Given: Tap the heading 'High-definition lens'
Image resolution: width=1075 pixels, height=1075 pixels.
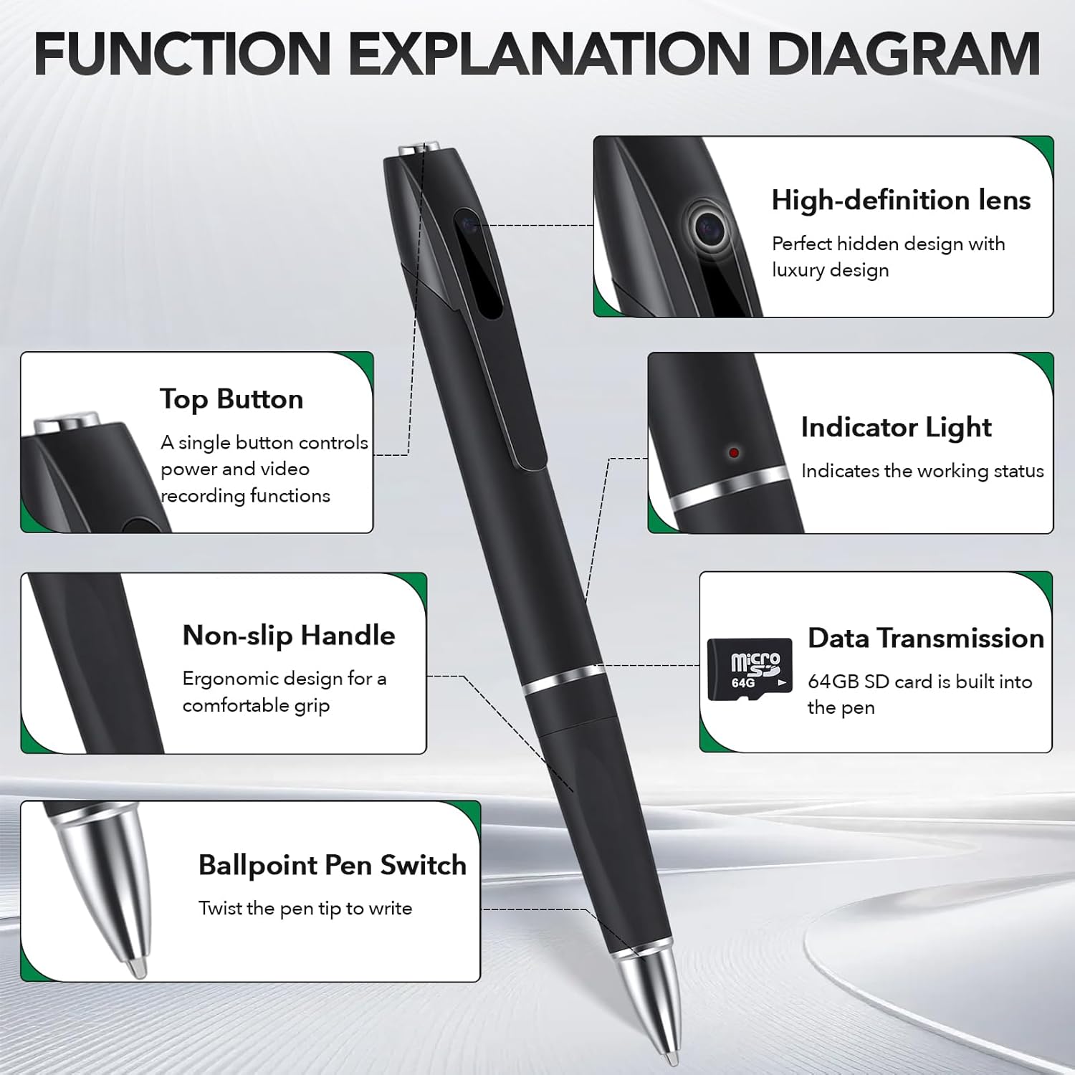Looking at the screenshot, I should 901,200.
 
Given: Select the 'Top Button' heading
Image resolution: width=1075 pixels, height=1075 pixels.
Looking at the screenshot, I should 231,399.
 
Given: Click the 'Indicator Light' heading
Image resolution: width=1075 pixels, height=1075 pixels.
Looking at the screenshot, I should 896,427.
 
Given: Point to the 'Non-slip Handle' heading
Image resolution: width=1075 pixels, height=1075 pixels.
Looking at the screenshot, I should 289,636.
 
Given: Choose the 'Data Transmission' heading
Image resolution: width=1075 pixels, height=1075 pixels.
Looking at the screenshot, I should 926,638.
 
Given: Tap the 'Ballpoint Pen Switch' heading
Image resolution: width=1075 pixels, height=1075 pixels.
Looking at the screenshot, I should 333,865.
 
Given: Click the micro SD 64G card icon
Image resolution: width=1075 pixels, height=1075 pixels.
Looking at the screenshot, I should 750,669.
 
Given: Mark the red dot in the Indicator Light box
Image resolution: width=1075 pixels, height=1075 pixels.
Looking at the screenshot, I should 733,453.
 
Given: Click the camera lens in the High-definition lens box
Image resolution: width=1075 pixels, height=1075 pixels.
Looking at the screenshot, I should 710,229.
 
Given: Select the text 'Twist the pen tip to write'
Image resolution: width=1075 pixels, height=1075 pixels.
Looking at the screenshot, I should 305,909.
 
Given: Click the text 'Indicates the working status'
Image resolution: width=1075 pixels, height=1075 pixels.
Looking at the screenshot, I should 922,471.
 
